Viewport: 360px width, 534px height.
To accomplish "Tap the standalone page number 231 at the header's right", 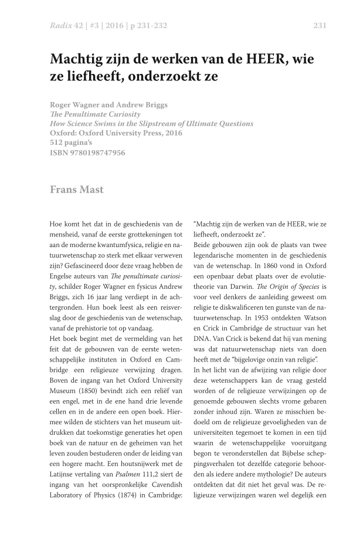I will click(x=320, y=25).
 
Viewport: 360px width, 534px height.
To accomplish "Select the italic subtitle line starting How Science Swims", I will click(x=151, y=124).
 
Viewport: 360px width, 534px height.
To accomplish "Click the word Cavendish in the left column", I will click(x=168, y=484).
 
